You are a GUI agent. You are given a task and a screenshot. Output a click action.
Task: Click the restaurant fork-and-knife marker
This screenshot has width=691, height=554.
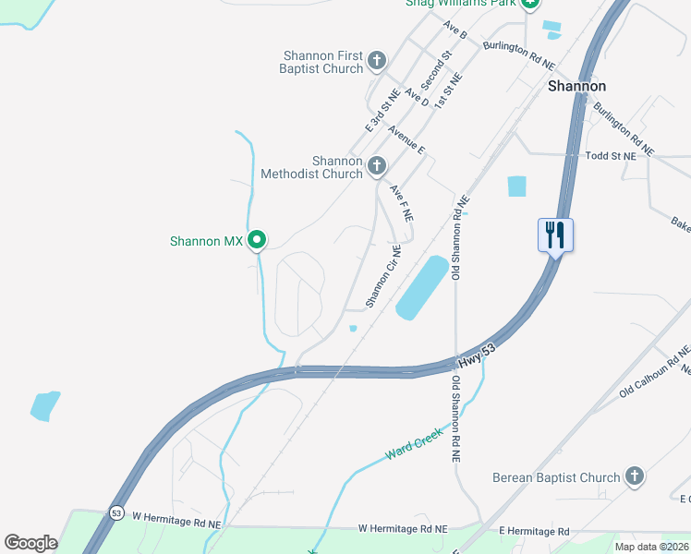pyautogui.click(x=555, y=234)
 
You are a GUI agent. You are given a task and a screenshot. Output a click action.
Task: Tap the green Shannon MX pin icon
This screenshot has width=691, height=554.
pyautogui.click(x=258, y=240)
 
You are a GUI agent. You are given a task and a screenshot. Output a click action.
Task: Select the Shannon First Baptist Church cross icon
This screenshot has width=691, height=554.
pyautogui.click(x=376, y=61)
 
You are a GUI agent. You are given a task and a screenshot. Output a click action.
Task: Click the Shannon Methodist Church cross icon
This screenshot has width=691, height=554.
pyautogui.click(x=376, y=166)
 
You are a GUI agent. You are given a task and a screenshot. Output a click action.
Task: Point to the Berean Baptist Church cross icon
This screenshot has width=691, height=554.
pyautogui.click(x=634, y=476)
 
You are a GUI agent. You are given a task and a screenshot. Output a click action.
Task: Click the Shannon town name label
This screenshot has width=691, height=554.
pyautogui.click(x=576, y=86)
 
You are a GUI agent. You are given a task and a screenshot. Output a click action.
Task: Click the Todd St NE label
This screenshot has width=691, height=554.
pyautogui.click(x=611, y=157)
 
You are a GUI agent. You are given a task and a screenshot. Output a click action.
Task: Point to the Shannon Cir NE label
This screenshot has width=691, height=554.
pyautogui.click(x=383, y=276)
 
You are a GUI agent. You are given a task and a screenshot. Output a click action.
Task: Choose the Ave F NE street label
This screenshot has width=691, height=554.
pyautogui.click(x=400, y=202)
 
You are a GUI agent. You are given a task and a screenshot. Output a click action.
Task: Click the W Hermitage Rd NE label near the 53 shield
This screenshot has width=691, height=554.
pyautogui.click(x=176, y=522)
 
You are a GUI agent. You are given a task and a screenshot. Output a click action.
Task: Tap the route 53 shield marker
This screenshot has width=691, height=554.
pyautogui.click(x=115, y=512)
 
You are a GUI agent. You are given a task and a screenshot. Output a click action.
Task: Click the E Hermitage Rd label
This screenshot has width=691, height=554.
pyautogui.click(x=534, y=531)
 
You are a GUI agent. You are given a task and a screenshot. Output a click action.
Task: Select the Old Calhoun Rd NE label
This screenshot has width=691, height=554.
pyautogui.click(x=655, y=371)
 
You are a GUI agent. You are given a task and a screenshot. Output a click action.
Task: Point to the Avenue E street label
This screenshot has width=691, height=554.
pyautogui.click(x=406, y=140)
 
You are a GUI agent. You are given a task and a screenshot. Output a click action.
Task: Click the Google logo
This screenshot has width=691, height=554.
pyautogui.click(x=30, y=542)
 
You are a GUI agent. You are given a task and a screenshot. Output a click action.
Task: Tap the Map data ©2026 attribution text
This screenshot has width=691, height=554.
pyautogui.click(x=651, y=547)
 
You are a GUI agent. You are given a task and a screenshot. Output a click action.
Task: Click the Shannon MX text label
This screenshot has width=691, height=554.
pyautogui.click(x=206, y=242)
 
